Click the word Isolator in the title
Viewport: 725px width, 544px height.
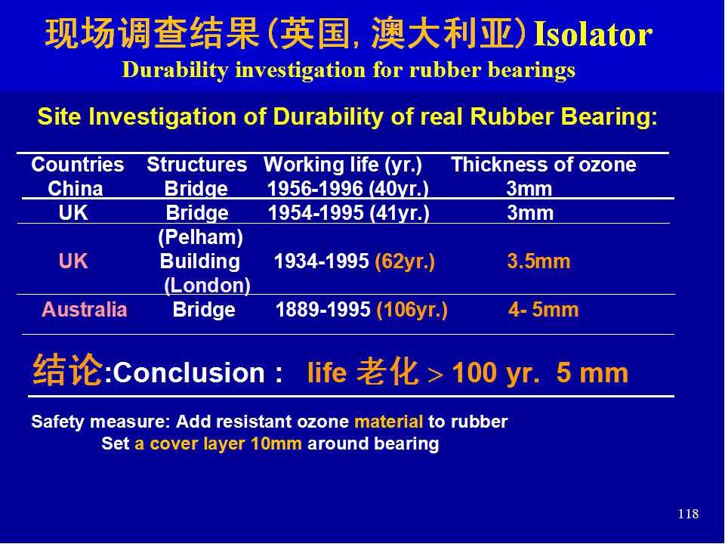[593, 34]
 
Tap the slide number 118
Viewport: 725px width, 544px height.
[688, 514]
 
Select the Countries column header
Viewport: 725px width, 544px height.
[78, 165]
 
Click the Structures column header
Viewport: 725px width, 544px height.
[197, 165]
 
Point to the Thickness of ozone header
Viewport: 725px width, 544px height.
[544, 165]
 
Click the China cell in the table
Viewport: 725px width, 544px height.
[76, 189]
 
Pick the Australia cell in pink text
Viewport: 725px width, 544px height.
[84, 310]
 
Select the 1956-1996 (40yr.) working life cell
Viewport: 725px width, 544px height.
[347, 189]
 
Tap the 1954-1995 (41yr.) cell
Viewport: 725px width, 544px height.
[349, 213]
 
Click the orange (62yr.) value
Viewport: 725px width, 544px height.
[405, 261]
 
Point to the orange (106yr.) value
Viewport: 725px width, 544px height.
[412, 310]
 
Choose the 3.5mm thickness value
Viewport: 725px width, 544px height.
[538, 261]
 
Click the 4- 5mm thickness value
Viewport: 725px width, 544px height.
[543, 310]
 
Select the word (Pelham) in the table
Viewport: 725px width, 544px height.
[201, 237]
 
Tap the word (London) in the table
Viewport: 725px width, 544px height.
[207, 286]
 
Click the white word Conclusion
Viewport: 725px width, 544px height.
[189, 372]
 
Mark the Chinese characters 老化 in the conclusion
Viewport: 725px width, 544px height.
[387, 372]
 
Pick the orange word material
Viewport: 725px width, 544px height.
[388, 422]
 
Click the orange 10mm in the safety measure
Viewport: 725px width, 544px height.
[276, 444]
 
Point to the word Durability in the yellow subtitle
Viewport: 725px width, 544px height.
[175, 70]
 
